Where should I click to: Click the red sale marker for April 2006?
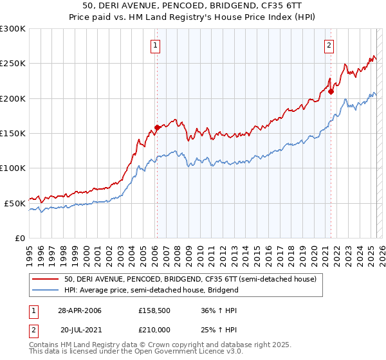pyautogui.click(x=157, y=127)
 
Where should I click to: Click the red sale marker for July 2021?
pyautogui.click(x=331, y=91)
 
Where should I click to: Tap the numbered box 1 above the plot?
pyautogui.click(x=156, y=45)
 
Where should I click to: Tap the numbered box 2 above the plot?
pyautogui.click(x=329, y=45)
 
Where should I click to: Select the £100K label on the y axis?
pyautogui.click(x=13, y=168)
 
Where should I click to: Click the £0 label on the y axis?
pyautogui.click(x=20, y=238)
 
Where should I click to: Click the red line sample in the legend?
pyautogui.click(x=46, y=280)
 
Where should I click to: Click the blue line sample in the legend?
pyautogui.click(x=46, y=290)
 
